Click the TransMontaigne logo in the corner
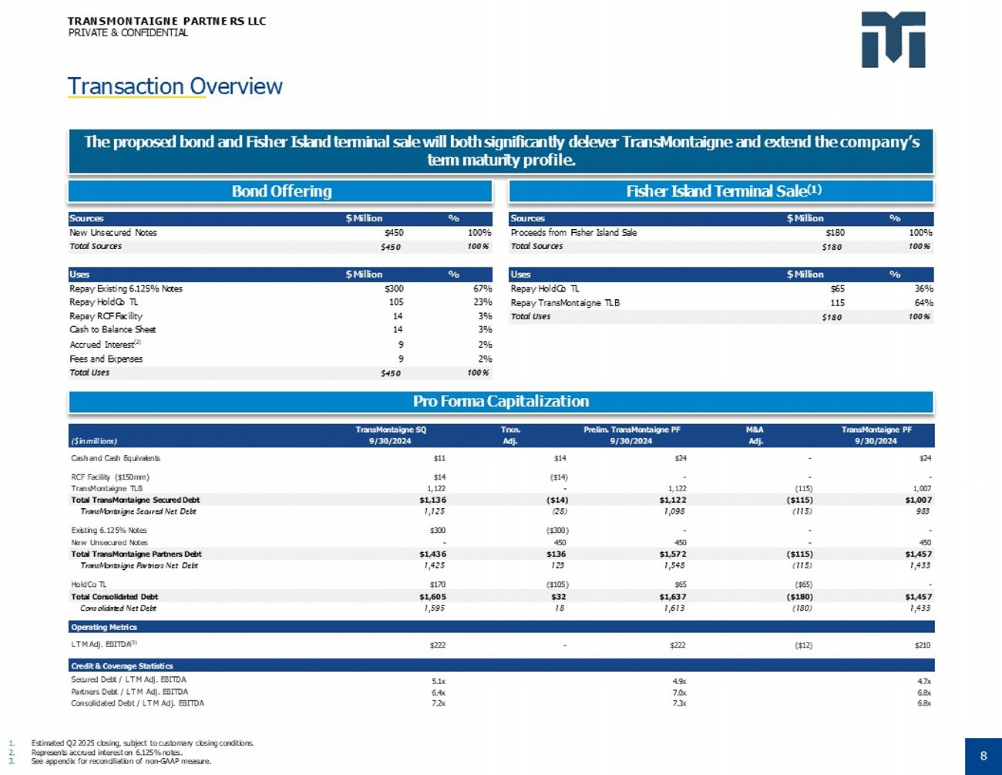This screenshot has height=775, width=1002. pos(893,40)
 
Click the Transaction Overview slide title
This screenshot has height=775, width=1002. pos(175,86)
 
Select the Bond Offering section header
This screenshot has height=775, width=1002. pos(281,191)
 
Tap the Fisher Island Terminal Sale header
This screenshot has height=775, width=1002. pos(722,191)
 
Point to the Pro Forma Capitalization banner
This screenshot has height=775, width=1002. pos(501,401)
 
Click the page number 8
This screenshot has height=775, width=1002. pos(983,756)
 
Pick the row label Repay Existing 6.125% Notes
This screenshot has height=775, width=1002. pos(126,288)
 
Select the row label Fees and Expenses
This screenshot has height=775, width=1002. pos(106,359)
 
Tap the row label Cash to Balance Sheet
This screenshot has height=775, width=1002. pos(113,330)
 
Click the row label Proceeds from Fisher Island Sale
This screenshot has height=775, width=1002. pos(573,233)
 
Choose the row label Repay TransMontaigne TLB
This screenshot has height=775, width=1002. pos(565,303)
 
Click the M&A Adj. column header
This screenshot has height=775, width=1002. pos(755,436)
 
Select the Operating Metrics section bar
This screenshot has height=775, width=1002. pos(104,627)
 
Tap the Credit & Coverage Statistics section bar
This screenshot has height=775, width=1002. pos(122,665)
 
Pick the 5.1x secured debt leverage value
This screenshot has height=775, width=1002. pos(438,681)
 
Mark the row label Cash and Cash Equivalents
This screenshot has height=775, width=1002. pos(116,458)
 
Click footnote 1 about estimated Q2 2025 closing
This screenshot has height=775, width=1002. pos(142,743)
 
